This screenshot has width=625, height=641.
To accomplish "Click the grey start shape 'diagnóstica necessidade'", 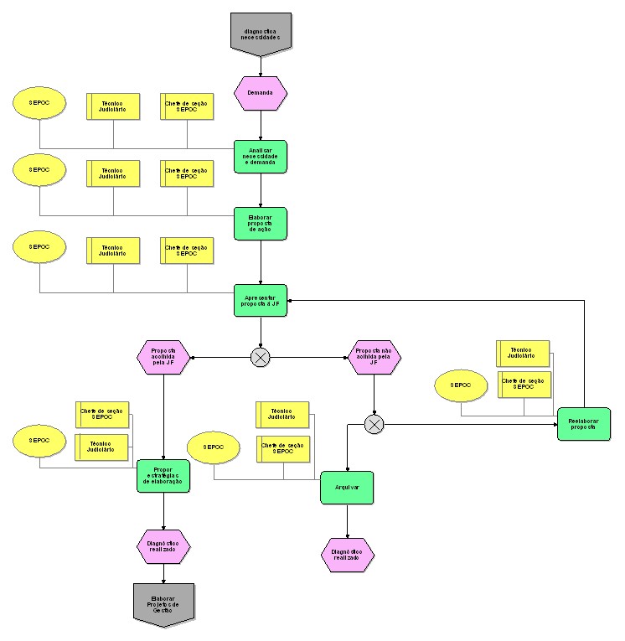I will click(x=261, y=33).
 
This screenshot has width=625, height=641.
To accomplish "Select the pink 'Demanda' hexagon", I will click(x=261, y=93).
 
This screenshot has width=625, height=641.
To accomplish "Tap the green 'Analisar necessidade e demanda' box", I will click(x=261, y=157).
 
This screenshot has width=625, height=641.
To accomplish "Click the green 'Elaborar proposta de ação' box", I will click(x=261, y=224).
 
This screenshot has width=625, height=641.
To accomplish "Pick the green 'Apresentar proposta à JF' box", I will click(x=261, y=301).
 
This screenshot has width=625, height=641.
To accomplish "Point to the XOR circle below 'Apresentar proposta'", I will click(x=261, y=357).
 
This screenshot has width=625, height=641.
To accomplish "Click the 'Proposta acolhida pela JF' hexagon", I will click(x=163, y=358).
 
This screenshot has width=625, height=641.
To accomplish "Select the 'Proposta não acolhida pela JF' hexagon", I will click(x=374, y=358).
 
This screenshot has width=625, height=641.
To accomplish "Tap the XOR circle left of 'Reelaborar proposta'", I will click(x=374, y=425).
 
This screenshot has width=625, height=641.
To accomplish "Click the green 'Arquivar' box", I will click(x=347, y=488).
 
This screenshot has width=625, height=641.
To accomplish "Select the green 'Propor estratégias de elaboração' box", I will click(x=163, y=476).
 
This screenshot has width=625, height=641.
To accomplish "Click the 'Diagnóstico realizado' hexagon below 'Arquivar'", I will click(x=347, y=555).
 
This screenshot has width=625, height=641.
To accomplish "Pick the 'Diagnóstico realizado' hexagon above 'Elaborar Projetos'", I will click(x=163, y=546).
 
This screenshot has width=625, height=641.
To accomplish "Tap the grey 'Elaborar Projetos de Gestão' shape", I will click(x=163, y=603).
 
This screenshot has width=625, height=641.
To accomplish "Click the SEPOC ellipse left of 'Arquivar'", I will click(x=214, y=447).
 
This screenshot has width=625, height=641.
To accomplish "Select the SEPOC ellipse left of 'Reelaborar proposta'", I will click(x=462, y=386).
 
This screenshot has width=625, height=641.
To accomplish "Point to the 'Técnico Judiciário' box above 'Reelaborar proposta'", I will click(x=523, y=354).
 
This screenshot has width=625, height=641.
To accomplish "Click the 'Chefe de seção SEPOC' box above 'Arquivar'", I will click(x=283, y=449).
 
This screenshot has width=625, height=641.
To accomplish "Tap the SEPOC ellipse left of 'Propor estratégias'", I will click(x=39, y=441).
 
